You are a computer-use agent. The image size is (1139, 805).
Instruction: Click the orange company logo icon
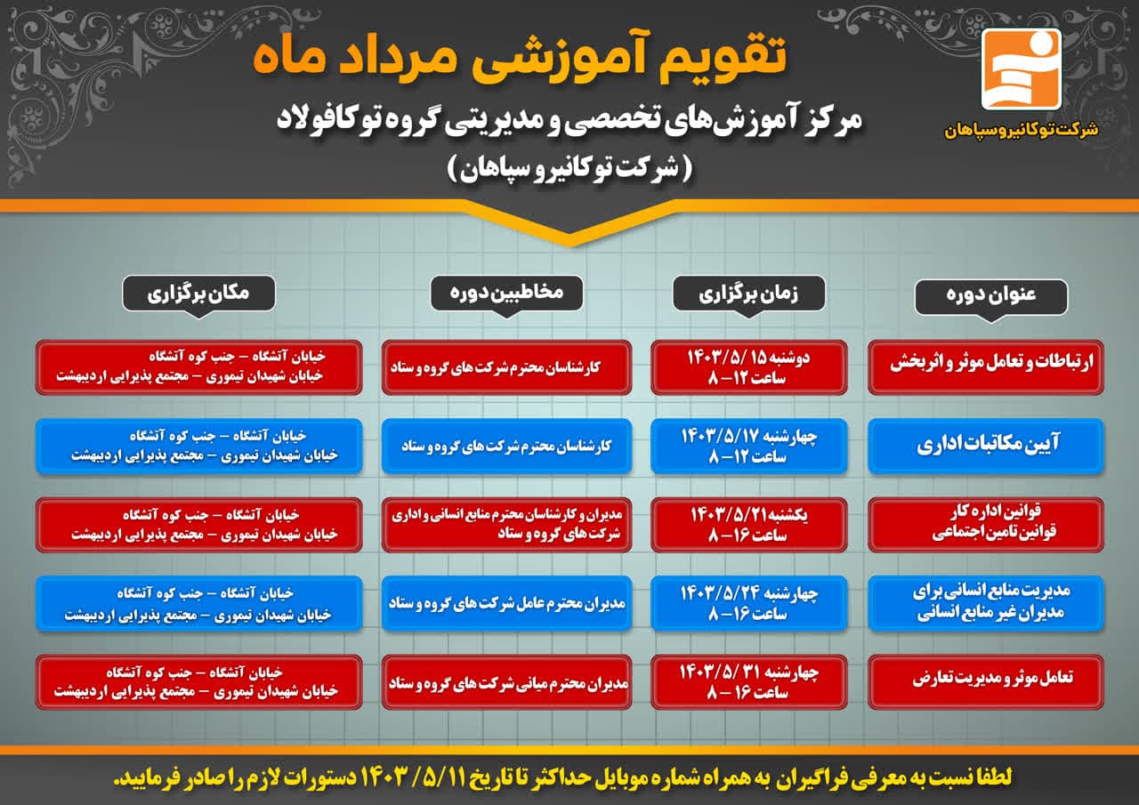(x=1021, y=69)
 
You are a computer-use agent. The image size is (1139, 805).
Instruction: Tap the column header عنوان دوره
(x=991, y=297)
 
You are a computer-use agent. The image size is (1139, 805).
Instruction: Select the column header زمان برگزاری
(x=748, y=294)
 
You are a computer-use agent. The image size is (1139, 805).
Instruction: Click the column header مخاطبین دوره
(x=506, y=294)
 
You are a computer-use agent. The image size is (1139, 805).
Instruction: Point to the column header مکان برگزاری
(x=198, y=294)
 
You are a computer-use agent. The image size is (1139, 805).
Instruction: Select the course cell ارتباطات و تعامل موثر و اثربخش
(x=986, y=367)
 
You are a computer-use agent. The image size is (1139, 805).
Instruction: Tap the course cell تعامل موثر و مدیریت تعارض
(x=986, y=682)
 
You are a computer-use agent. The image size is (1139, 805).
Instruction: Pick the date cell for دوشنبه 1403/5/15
(x=749, y=367)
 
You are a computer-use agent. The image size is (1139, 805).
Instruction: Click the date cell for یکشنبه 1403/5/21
(x=749, y=525)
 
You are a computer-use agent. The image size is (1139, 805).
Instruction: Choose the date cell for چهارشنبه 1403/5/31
(x=749, y=682)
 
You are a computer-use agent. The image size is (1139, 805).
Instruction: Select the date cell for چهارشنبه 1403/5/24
(x=749, y=604)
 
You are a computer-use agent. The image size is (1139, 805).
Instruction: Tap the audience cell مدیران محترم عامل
(x=507, y=604)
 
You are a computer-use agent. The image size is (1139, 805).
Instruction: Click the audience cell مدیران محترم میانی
(x=507, y=682)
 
